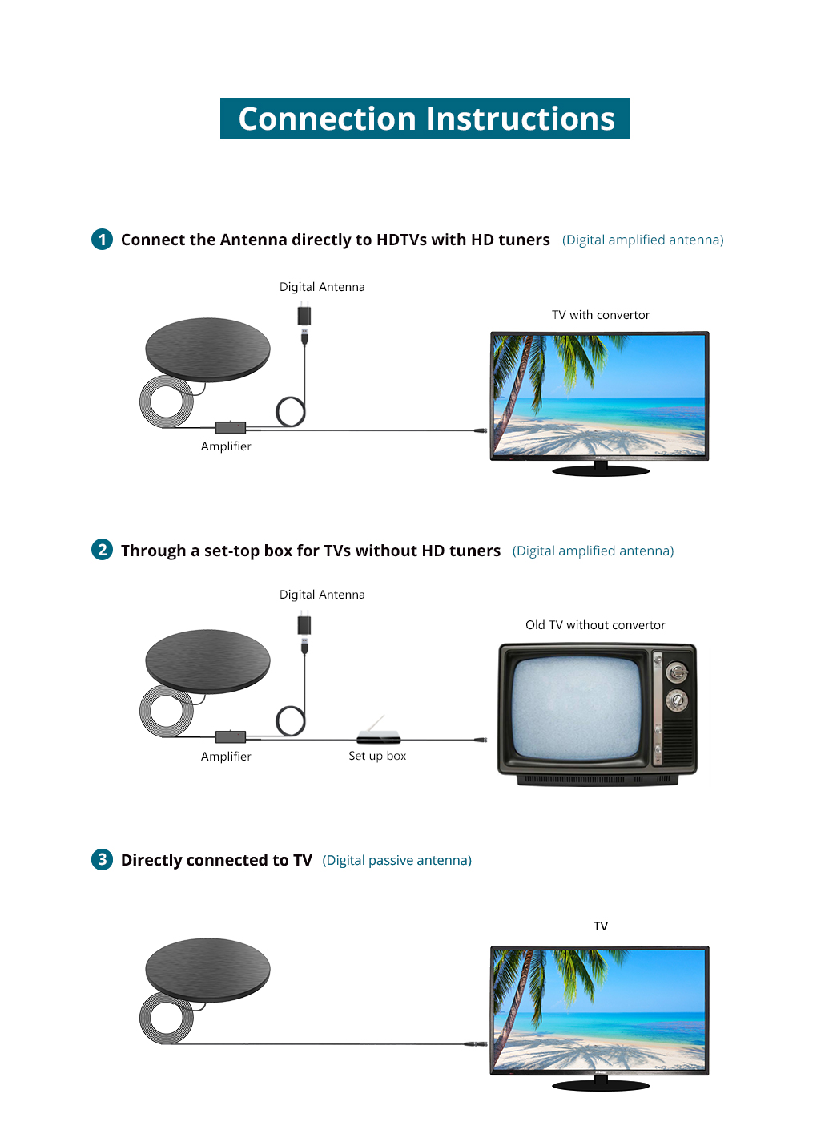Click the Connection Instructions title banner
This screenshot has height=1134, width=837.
[x=425, y=118]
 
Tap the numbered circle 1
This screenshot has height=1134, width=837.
[x=103, y=240]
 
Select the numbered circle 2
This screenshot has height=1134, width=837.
[x=103, y=550]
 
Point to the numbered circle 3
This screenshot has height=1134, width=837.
[x=103, y=859]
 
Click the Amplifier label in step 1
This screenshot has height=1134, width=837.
[x=226, y=446]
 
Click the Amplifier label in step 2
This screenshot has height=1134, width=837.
[x=226, y=757]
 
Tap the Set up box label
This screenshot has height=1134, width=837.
[x=377, y=756]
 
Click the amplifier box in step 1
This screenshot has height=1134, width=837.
[x=231, y=427]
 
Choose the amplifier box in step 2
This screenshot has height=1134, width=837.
[x=231, y=736]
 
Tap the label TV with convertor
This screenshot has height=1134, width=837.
[x=601, y=315]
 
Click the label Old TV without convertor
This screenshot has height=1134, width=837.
[x=595, y=625]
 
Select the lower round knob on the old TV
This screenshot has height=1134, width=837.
[x=677, y=700]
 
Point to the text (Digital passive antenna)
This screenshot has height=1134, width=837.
[x=396, y=860]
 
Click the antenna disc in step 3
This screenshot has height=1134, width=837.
[x=207, y=970]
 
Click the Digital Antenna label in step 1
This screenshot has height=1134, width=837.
[x=322, y=287]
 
